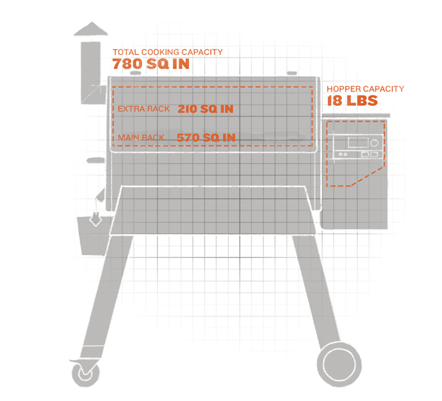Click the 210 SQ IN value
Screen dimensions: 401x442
(205, 109)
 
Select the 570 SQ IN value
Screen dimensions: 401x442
(206, 138)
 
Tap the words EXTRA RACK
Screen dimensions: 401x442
(144, 109)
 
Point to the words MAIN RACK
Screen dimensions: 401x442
(141, 138)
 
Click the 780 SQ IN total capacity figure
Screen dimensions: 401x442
(150, 64)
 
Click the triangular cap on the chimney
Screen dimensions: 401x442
(91, 30)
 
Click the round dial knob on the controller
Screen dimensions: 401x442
(375, 143)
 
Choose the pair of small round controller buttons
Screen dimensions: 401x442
(342, 154)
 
